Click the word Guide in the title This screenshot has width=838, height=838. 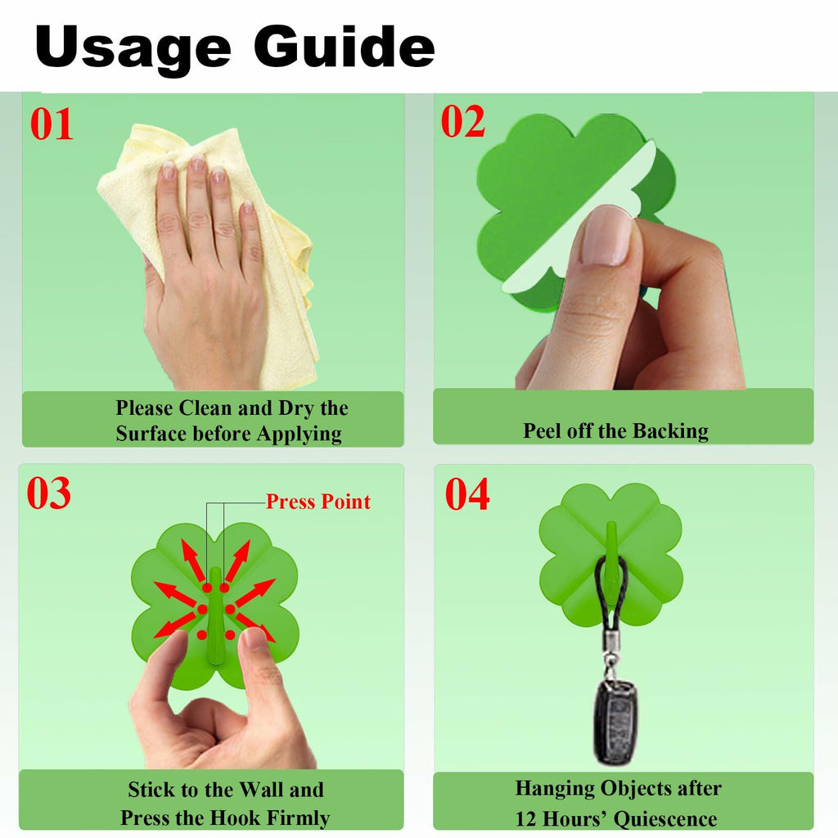pos(345,46)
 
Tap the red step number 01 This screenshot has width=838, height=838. pos(52,124)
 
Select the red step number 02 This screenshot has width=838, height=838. pos(463,121)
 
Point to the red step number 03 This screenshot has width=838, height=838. pos(48,493)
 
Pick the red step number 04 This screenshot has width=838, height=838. pos(467,493)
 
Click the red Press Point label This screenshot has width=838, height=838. pos(318,502)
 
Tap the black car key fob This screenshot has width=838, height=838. pos(615,722)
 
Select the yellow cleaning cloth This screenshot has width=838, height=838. pos(214,251)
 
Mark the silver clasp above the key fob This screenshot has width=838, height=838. pos(610,655)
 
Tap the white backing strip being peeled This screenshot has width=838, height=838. pos(583,214)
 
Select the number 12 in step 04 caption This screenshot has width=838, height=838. pos(525,819)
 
